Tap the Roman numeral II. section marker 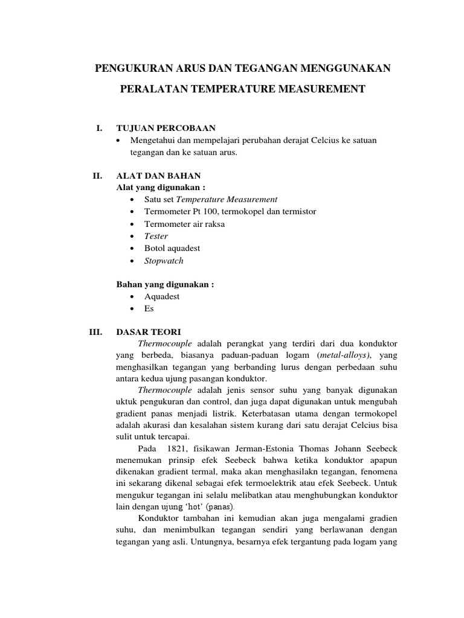tap(97, 176)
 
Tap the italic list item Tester tap(156, 236)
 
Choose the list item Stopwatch tap(164, 261)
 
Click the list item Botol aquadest tap(172, 248)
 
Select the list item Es tap(149, 308)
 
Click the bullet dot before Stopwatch tap(132, 261)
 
